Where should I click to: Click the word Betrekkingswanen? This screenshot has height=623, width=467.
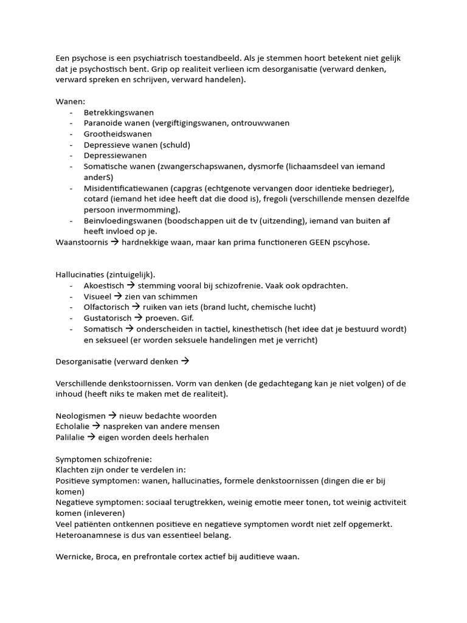(119, 113)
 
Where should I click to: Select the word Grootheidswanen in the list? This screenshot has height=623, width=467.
(118, 134)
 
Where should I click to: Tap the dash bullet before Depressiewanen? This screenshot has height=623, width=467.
(72, 156)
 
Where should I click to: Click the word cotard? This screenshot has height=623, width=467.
(96, 199)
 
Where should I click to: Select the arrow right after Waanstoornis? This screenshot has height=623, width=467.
(114, 242)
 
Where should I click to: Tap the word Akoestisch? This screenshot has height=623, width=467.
(104, 285)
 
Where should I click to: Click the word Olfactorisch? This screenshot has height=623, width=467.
(106, 307)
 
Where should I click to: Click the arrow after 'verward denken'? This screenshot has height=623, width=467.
(185, 361)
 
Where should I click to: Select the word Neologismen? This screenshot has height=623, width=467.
(80, 416)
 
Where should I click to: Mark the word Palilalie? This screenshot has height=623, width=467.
(70, 437)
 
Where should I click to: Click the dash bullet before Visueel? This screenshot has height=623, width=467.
(72, 296)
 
